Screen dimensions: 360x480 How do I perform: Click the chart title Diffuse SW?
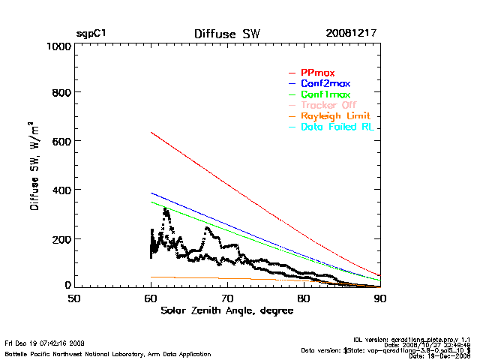click(x=226, y=34)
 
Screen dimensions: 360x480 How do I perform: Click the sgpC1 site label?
click(x=91, y=34)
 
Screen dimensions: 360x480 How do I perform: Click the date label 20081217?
click(x=351, y=34)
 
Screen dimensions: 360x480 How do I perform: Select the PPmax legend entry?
click(x=318, y=73)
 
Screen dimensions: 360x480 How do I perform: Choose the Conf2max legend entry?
click(x=325, y=84)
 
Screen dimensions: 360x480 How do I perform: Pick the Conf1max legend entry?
click(x=325, y=95)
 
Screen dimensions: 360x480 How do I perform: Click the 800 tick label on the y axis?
click(x=61, y=93)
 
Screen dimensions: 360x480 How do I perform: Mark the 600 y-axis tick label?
click(x=61, y=142)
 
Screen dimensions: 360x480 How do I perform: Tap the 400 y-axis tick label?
click(x=61, y=190)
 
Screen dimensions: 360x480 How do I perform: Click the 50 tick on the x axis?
click(x=74, y=299)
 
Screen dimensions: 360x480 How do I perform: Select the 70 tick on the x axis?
click(x=227, y=299)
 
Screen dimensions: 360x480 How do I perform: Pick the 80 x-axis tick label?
click(x=304, y=299)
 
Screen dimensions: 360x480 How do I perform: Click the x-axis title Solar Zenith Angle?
click(x=226, y=310)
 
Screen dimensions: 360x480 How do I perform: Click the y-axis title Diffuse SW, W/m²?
click(x=34, y=166)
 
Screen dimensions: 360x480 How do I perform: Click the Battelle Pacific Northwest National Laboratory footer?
click(x=108, y=353)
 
